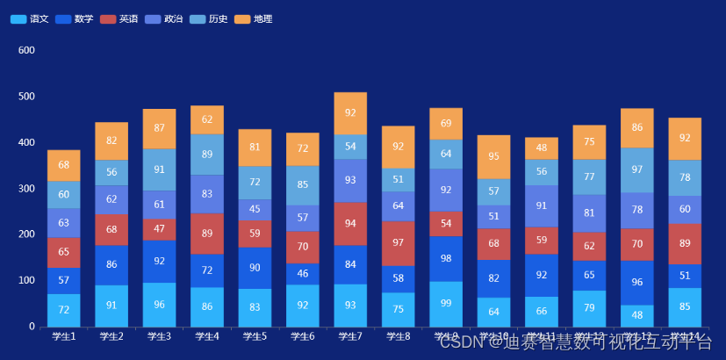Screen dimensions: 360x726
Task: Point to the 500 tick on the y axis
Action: click(x=26, y=97)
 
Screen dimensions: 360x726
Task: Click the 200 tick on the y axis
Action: click(x=26, y=234)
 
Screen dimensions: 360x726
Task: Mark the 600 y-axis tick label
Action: click(x=26, y=51)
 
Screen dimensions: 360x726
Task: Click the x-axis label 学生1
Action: click(x=63, y=336)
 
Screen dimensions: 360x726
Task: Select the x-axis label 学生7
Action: click(x=350, y=336)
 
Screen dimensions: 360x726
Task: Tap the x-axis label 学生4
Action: click(x=207, y=336)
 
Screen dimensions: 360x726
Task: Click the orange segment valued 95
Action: click(x=493, y=156)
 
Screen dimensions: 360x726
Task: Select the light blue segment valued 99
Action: click(x=446, y=304)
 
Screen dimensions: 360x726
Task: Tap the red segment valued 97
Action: click(x=398, y=243)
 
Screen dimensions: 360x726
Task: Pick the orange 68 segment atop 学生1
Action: click(x=63, y=165)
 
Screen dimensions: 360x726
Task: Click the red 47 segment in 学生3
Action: click(x=159, y=229)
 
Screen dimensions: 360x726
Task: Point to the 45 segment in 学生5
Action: click(x=255, y=210)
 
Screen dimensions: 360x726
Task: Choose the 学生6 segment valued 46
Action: click(x=303, y=274)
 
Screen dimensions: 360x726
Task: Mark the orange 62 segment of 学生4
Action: click(x=207, y=119)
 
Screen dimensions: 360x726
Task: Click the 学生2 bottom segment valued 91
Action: click(x=111, y=306)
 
